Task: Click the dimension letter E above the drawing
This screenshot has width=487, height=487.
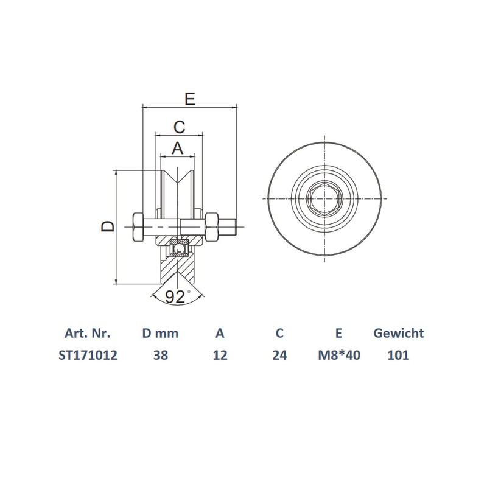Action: pos(189,99)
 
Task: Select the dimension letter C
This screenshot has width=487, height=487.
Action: pos(178,127)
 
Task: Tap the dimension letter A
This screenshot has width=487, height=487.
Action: pos(177,147)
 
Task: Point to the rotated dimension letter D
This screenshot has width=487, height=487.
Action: pos(107,227)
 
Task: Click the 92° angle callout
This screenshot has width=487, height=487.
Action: pos(177,297)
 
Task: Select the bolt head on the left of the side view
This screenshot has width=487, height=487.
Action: pos(137,227)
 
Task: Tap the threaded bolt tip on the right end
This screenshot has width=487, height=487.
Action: pos(231,227)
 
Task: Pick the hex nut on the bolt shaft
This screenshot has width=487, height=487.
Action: pos(212,226)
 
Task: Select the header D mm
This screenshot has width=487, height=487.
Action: pos(160,334)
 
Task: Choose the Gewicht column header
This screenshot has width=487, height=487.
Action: pos(398,334)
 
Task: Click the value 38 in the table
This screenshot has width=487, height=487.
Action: pos(160,355)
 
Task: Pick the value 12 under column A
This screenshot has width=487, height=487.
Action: pos(220,355)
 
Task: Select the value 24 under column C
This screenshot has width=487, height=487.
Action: pos(279,355)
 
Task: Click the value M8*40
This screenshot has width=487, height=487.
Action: pos(339,355)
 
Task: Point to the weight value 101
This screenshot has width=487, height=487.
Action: pos(398,355)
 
